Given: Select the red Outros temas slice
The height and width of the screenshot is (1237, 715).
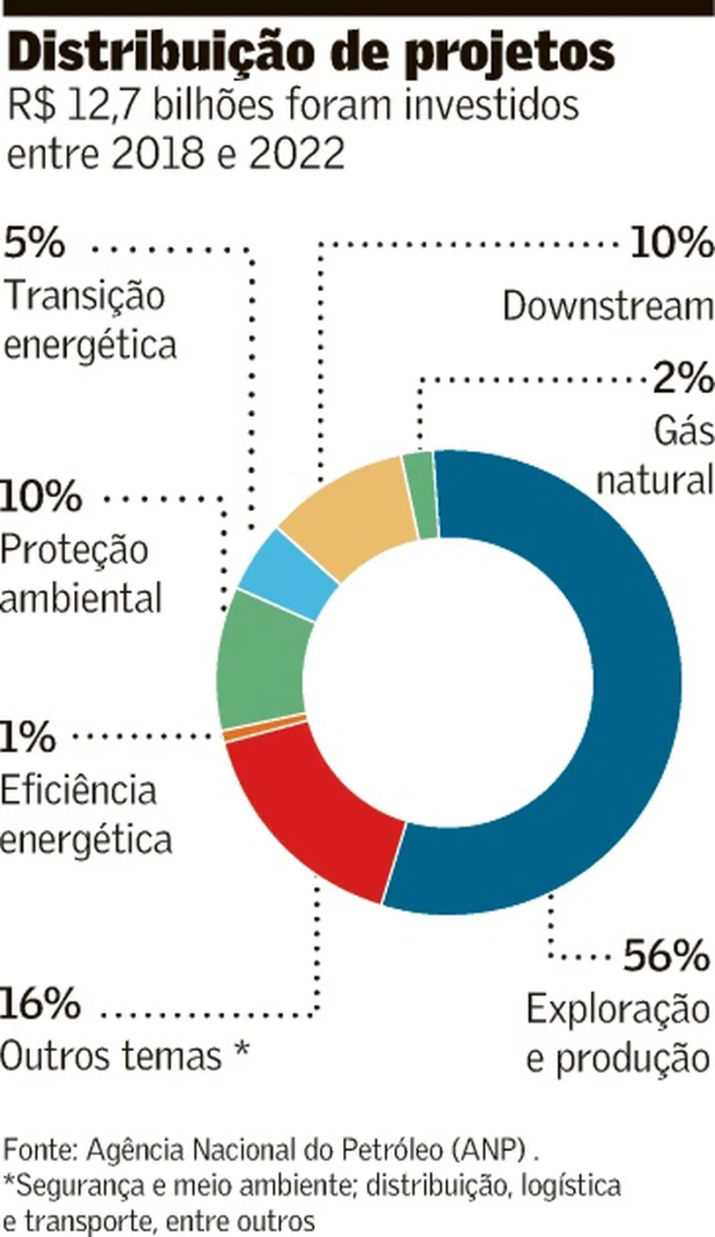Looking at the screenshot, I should (x=314, y=813).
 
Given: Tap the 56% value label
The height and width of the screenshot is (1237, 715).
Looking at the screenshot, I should (x=666, y=956).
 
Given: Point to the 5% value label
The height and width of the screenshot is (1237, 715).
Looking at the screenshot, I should (x=34, y=242).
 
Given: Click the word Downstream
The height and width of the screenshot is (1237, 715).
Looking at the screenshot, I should (x=608, y=307).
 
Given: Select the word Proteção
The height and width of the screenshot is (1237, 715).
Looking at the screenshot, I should (x=75, y=549).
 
